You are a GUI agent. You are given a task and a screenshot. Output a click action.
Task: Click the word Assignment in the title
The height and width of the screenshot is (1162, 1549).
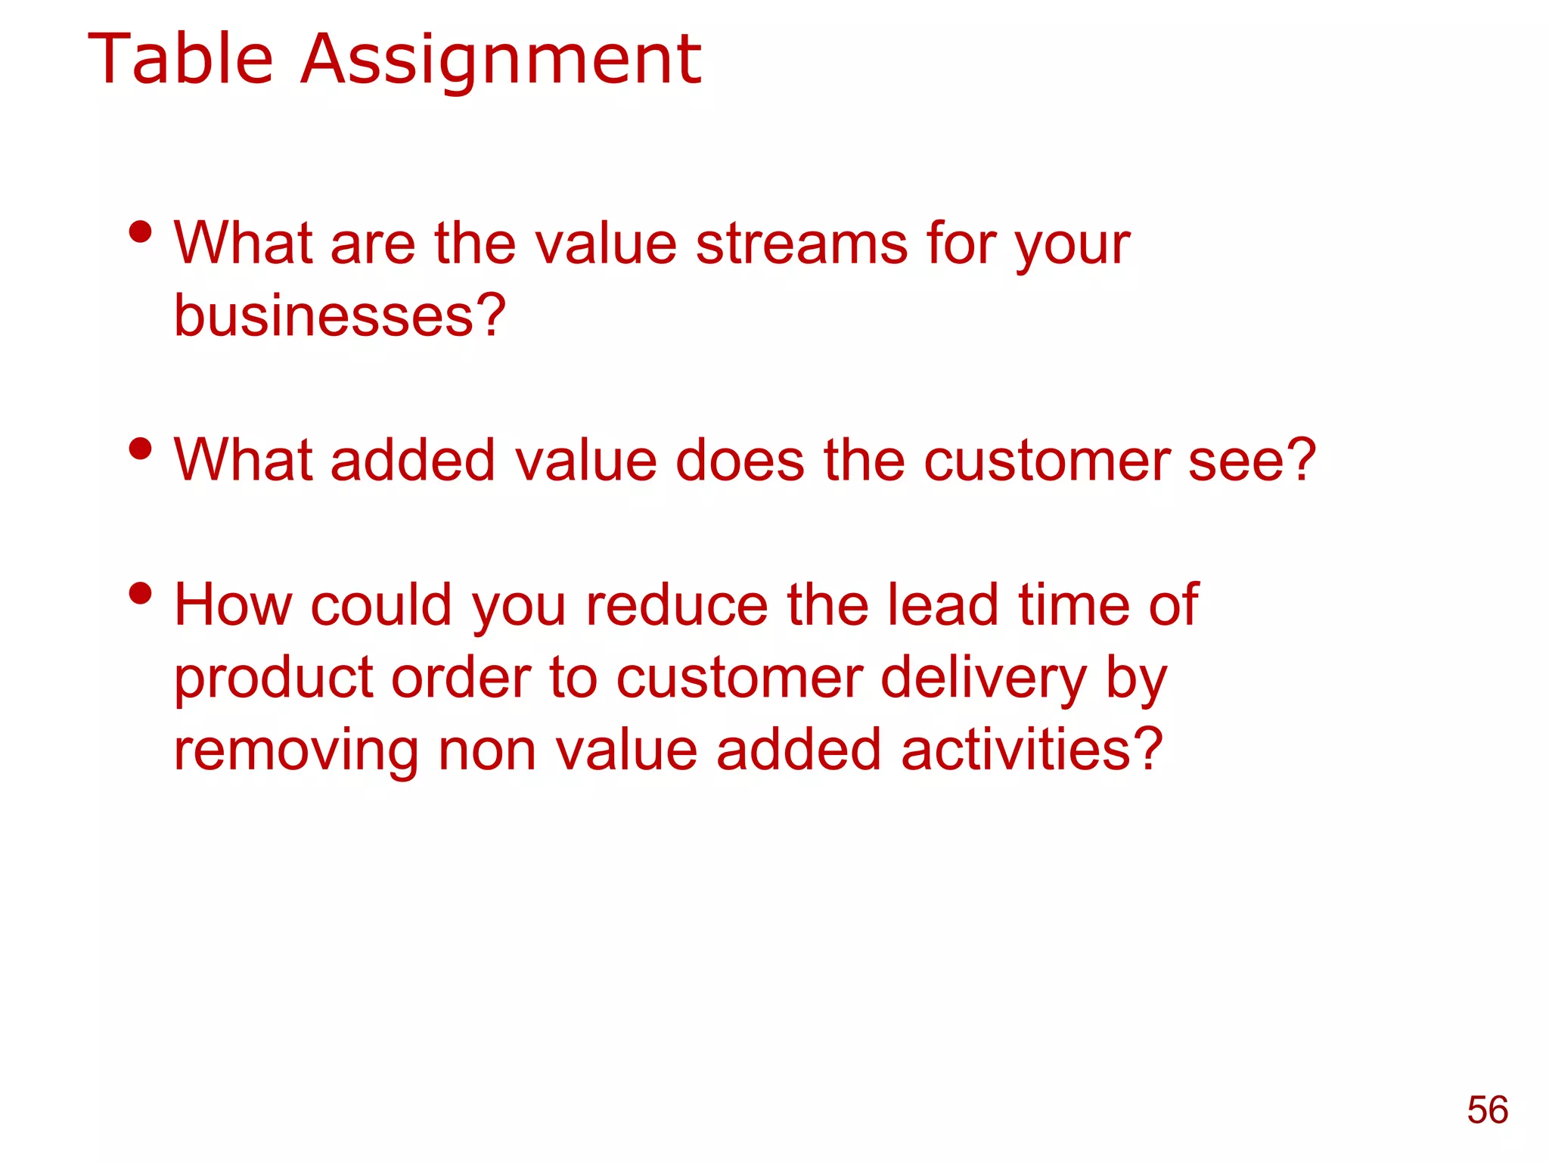pyautogui.click(x=501, y=61)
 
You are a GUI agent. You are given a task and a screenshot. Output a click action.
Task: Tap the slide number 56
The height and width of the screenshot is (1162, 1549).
pyautogui.click(x=1487, y=1111)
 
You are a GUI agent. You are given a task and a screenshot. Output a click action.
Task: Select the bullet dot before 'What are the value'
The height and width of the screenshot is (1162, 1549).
pyautogui.click(x=141, y=232)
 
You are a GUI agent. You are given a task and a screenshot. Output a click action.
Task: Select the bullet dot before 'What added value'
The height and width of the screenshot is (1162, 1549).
pyautogui.click(x=141, y=449)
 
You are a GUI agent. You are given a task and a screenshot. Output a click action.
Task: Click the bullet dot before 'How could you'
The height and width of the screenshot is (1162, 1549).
pyautogui.click(x=141, y=594)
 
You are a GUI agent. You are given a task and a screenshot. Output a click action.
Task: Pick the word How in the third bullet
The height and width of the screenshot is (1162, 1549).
pyautogui.click(x=232, y=605)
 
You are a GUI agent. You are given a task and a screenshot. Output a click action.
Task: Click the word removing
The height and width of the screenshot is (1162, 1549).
pyautogui.click(x=296, y=750)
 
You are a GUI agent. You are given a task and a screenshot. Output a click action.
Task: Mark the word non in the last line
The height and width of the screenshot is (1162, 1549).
pyautogui.click(x=487, y=750)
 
